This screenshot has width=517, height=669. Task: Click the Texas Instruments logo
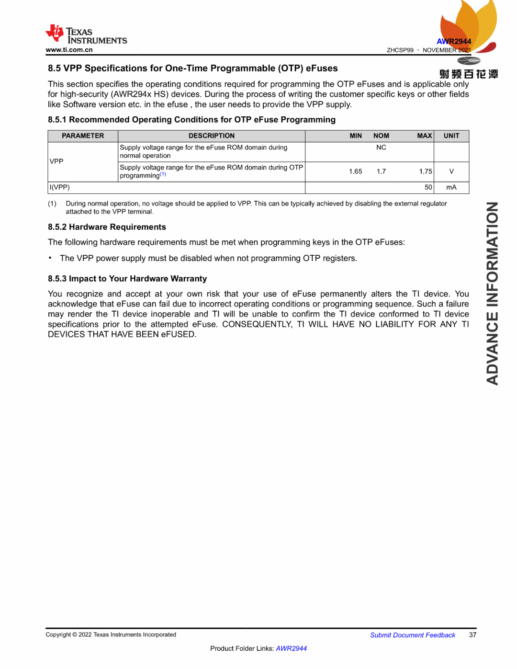click(86, 34)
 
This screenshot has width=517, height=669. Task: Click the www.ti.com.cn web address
click(69, 50)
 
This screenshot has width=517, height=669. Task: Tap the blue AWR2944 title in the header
click(454, 42)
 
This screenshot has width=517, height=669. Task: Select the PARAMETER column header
click(83, 136)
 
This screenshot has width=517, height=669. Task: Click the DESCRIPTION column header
click(212, 136)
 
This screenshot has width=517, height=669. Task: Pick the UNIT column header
click(451, 136)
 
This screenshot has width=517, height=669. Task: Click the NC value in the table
click(381, 147)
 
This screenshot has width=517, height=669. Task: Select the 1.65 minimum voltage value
click(356, 171)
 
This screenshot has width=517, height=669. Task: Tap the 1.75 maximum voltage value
click(425, 171)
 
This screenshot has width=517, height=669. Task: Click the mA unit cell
click(451, 187)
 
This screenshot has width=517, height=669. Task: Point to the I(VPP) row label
click(60, 187)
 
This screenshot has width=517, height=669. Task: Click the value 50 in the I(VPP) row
click(428, 187)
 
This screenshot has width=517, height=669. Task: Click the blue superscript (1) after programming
click(163, 174)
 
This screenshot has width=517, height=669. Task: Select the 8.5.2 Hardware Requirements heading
click(107, 227)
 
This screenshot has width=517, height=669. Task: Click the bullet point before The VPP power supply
click(50, 258)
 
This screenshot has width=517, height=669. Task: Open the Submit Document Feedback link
click(413, 635)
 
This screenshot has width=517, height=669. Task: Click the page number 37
click(472, 635)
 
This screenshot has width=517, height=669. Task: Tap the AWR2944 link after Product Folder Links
click(291, 648)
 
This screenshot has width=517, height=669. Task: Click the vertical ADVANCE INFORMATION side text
click(492, 293)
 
